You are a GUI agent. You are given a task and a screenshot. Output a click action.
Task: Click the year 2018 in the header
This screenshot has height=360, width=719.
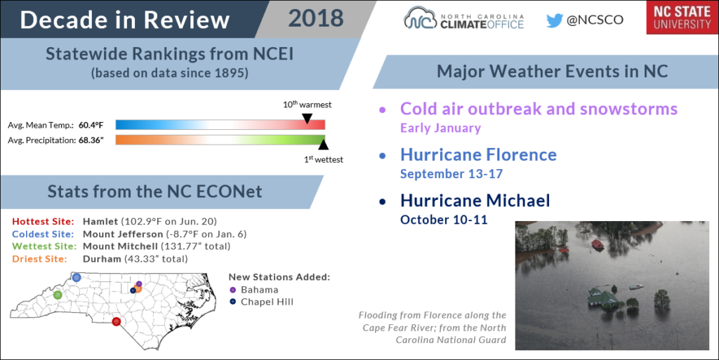[x=316, y=18]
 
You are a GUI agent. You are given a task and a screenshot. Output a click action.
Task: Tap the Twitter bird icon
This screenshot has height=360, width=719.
[x=554, y=20]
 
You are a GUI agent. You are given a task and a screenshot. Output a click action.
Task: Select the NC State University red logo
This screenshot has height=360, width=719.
[x=682, y=18]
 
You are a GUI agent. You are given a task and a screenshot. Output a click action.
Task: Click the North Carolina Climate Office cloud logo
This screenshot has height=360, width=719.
[x=420, y=18]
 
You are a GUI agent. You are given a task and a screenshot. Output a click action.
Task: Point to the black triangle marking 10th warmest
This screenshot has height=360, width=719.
[x=308, y=119]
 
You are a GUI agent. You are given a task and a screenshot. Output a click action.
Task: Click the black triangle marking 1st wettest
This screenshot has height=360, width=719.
[x=323, y=145]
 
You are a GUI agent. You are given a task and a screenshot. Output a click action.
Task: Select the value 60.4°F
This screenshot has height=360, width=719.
[x=91, y=125]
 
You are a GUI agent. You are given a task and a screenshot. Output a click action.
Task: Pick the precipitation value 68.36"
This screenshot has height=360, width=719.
[x=91, y=140]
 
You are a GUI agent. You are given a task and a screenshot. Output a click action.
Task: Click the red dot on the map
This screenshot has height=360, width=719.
[x=117, y=321]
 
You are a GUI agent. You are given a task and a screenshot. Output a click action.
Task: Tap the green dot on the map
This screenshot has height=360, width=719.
[x=58, y=295]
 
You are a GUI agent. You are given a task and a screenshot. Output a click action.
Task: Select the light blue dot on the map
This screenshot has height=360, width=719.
[x=76, y=277]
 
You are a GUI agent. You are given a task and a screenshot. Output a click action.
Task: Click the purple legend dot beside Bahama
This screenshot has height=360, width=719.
[x=233, y=290]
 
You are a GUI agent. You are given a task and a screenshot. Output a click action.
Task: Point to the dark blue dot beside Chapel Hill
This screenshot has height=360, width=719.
[x=233, y=302]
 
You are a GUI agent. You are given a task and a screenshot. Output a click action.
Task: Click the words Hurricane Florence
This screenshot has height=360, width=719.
[x=478, y=155]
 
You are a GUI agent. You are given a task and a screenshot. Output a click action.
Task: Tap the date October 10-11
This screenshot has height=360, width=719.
[x=444, y=220]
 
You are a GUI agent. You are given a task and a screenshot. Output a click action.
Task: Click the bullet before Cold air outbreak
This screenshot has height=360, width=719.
[x=383, y=110]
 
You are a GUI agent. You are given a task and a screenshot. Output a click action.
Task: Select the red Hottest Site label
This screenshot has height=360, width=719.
[x=43, y=222]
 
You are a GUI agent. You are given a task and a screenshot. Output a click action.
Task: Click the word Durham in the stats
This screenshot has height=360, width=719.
[x=102, y=259]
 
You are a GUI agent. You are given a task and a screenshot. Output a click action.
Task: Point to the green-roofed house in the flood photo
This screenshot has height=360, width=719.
[x=603, y=297]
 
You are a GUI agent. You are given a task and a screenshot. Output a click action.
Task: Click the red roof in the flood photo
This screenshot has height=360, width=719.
[x=597, y=244]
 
